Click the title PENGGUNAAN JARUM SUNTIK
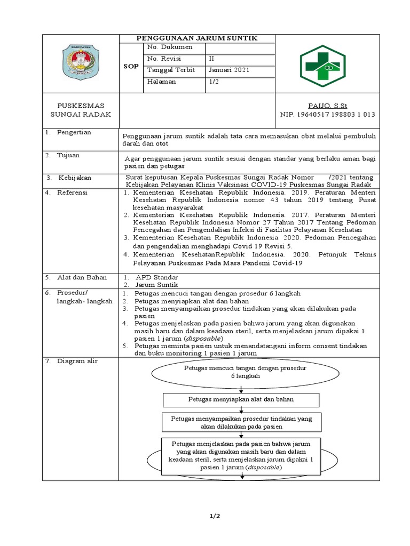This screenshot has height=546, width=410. point(197,38)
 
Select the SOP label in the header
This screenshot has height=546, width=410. point(131,67)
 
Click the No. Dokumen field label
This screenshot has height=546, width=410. point(170,47)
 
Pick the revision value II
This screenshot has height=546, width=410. point(212,59)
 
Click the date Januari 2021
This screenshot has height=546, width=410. point(228,70)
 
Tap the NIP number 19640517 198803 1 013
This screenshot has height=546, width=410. point(327,114)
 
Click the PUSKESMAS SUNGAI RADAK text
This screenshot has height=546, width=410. point(81,110)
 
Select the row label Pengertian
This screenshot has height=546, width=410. point(74,132)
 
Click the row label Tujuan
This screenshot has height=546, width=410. point(69,155)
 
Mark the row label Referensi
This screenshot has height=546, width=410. point(74,192)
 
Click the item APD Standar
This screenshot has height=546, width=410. point(156,277)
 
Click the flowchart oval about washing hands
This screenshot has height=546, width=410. point(242,372)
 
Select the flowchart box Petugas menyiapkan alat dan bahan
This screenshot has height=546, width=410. point(241,399)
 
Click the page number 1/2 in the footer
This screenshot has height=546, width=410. point(214,516)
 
